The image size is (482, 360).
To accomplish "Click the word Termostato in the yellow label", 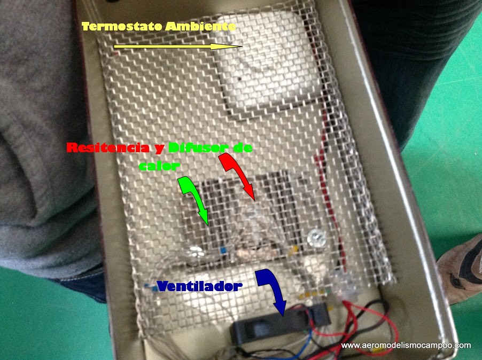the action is pos(122,26).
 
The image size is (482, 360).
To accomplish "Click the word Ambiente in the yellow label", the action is pos(200,26).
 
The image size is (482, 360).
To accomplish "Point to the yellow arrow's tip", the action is pos(242,46).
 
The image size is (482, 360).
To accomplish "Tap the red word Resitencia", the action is pos(108,148).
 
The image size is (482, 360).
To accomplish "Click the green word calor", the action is pos(159,166).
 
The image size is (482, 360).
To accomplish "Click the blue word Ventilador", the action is pos(199,286).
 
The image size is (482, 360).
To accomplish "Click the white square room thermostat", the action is pos(267,61).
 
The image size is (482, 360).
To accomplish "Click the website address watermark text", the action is pos(406,345).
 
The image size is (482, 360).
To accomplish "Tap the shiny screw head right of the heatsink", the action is pos(317,238).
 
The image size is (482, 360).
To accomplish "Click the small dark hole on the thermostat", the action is pos(240,79).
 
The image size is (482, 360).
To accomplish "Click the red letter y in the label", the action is pos(160,148).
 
